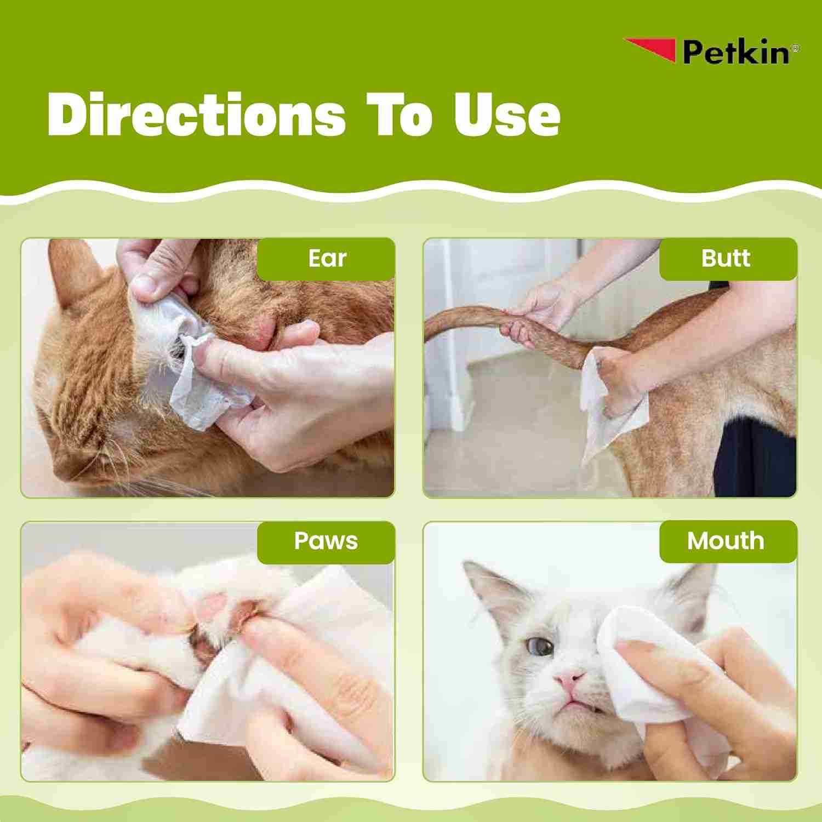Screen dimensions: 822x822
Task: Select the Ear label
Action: click(x=327, y=259)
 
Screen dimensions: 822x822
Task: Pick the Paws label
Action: click(x=326, y=541)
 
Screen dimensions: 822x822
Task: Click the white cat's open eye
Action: click(x=541, y=647)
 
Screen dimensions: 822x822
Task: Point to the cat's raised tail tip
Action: click(x=433, y=334)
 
